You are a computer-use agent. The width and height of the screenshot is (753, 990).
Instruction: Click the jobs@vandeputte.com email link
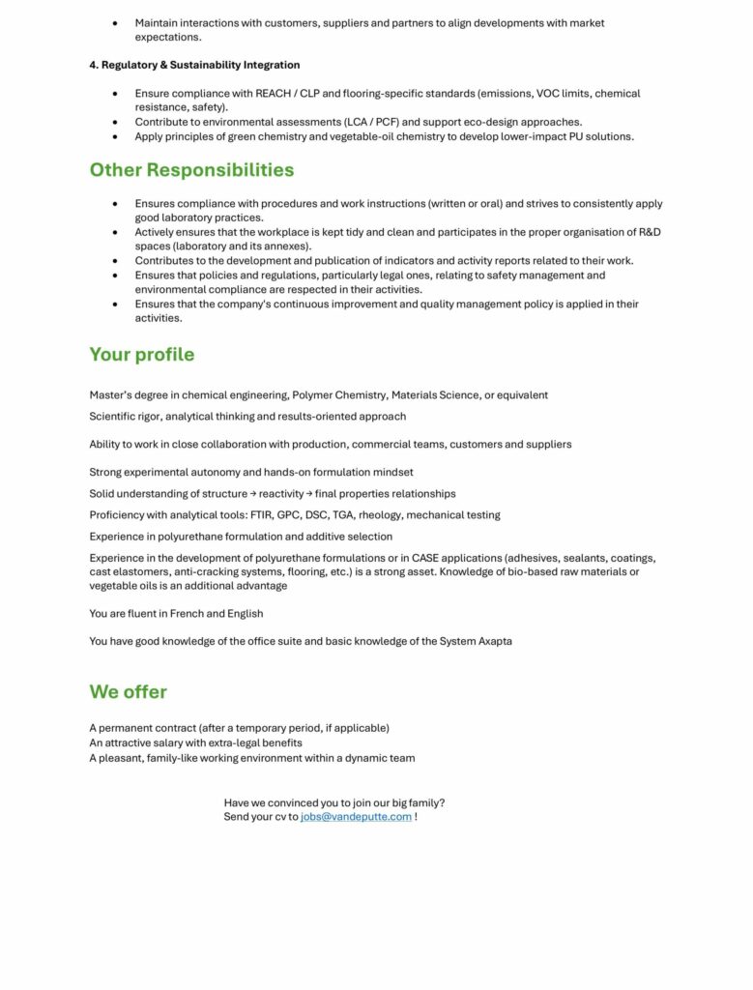tap(356, 817)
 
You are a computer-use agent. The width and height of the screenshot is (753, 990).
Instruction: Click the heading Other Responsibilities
tap(191, 170)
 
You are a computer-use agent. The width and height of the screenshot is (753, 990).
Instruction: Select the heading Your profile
tap(142, 355)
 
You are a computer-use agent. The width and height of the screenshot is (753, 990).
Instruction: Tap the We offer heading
tap(129, 692)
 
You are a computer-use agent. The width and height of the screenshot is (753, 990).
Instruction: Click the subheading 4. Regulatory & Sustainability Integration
tap(194, 65)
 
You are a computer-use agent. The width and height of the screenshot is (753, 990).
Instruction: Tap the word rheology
tap(379, 515)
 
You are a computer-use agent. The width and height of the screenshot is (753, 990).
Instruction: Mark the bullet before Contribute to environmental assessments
tap(115, 122)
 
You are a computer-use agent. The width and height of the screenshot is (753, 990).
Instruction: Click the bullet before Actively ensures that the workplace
tap(115, 232)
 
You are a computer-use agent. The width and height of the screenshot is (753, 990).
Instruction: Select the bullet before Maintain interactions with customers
tap(115, 23)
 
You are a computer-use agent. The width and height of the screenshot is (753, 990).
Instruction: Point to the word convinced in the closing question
tap(294, 802)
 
